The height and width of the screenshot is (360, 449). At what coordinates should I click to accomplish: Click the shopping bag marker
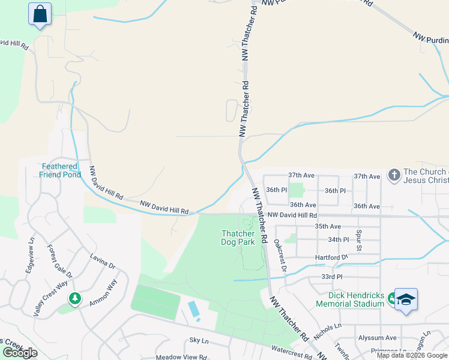click(40, 14)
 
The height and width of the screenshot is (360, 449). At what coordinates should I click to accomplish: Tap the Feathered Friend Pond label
click(60, 170)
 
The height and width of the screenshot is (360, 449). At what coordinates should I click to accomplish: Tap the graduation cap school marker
click(406, 299)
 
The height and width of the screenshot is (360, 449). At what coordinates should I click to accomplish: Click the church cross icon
click(394, 175)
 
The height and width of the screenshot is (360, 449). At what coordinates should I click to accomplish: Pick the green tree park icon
click(74, 298)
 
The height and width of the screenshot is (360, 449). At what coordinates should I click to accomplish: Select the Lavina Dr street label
click(103, 262)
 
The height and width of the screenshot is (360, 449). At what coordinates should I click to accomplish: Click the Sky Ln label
click(198, 340)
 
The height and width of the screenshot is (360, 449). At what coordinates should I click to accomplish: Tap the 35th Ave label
click(328, 226)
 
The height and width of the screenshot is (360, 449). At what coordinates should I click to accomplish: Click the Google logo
click(20, 353)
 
